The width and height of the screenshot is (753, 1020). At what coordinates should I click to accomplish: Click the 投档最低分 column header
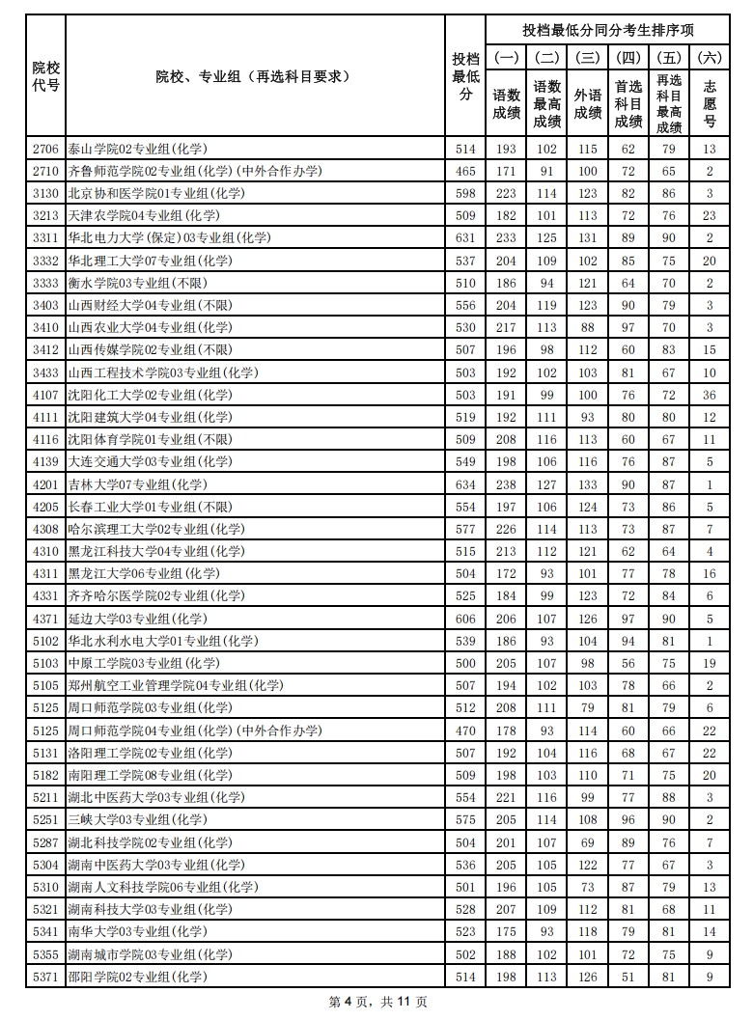tap(466, 76)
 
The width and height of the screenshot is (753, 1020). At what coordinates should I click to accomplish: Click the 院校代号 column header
tap(45, 76)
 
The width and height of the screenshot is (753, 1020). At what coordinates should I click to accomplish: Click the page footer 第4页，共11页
tap(377, 1002)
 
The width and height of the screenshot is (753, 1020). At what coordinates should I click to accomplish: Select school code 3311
tap(45, 237)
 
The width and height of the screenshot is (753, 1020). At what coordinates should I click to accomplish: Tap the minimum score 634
tap(466, 484)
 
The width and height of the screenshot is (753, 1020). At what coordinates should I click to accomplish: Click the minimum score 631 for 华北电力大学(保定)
tap(466, 237)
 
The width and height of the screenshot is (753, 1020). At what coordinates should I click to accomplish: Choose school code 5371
tap(45, 977)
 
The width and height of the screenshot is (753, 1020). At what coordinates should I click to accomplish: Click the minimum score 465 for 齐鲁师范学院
tap(466, 171)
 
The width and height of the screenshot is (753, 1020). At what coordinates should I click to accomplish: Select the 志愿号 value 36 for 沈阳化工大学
tap(710, 395)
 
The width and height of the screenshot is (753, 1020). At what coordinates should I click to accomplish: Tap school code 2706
tap(45, 149)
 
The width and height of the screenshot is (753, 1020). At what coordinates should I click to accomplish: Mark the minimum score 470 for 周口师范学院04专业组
tap(466, 731)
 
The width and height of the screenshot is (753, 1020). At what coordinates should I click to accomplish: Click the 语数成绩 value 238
tap(506, 484)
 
